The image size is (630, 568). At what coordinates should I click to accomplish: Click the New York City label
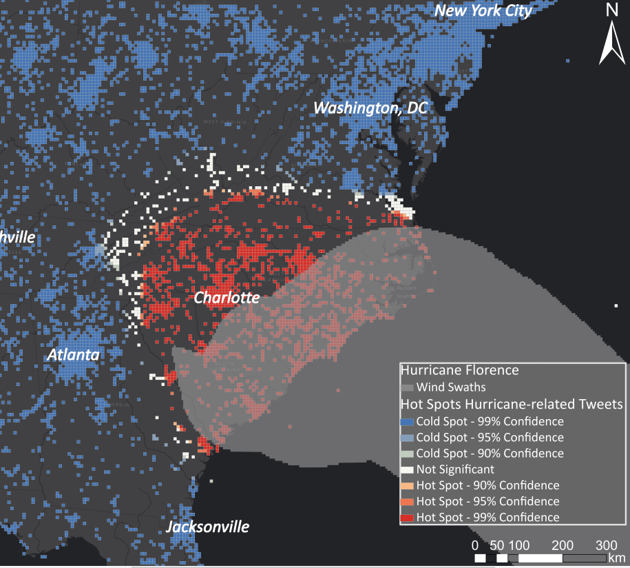tap(483, 10)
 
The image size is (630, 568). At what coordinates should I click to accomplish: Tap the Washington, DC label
tap(370, 108)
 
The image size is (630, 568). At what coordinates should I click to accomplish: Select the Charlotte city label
tap(227, 298)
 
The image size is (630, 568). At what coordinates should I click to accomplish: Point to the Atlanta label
tap(72, 354)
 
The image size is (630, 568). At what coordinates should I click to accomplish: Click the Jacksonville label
tap(207, 527)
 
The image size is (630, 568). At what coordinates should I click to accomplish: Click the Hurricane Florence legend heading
tap(459, 370)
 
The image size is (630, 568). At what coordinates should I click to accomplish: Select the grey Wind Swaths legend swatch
tap(408, 387)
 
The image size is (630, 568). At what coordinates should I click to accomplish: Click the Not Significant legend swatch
tap(408, 469)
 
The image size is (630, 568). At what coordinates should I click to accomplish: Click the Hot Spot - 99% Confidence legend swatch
tap(408, 517)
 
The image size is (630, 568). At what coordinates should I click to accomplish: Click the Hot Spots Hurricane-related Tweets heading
tap(512, 404)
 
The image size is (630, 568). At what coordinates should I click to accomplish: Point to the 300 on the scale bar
tap(605, 545)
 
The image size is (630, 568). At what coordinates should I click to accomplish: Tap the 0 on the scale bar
tap(475, 545)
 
